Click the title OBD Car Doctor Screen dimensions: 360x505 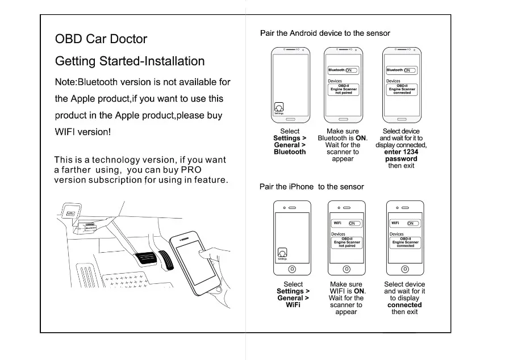point(101,39)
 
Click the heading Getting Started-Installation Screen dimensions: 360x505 point(130,61)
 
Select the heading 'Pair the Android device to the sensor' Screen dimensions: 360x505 point(325,34)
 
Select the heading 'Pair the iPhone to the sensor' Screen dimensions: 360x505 point(311,187)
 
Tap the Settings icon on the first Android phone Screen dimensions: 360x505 point(278,107)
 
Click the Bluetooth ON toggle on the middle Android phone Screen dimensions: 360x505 point(352,70)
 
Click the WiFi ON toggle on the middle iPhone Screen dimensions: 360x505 point(353,224)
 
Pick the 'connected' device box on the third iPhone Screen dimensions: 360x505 point(405,242)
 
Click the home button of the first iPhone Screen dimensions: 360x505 point(292,269)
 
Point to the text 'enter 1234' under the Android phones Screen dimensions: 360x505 point(401,152)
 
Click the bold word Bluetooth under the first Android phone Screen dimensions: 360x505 point(290,152)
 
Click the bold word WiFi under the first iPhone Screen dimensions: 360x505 point(293,305)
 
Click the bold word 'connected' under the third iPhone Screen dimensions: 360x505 point(404,305)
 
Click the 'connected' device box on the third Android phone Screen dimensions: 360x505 point(402,89)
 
